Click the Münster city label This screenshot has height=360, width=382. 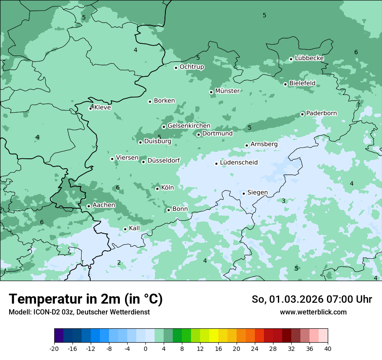pyautogui.click(x=227, y=91)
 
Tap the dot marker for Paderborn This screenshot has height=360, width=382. pyautogui.click(x=303, y=114)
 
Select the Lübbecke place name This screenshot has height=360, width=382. pyautogui.click(x=309, y=58)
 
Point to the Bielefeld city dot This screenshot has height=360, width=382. pyautogui.click(x=286, y=84)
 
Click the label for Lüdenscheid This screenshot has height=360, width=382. pyautogui.click(x=239, y=163)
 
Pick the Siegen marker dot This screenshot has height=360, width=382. pyautogui.click(x=244, y=193)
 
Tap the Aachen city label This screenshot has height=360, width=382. pyautogui.click(x=104, y=205)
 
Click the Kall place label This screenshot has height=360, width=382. pyautogui.click(x=135, y=228)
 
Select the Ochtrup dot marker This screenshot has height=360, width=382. pyautogui.click(x=176, y=68)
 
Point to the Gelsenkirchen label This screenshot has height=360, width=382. pyautogui.click(x=189, y=126)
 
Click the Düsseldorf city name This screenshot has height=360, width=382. pyautogui.click(x=164, y=160)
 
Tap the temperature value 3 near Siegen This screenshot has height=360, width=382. pyautogui.click(x=283, y=201)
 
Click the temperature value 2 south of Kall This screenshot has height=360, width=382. pyautogui.click(x=119, y=262)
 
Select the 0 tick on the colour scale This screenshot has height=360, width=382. pyautogui.click(x=145, y=348)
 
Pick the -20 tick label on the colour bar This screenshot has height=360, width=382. pyautogui.click(x=54, y=348)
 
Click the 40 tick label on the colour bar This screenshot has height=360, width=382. pyautogui.click(x=328, y=348)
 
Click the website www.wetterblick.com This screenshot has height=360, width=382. pyautogui.click(x=313, y=312)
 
